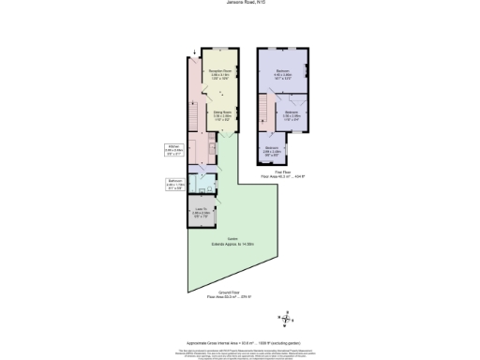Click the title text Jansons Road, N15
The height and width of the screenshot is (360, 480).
[x=239, y=5]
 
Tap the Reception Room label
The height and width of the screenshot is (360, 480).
[x=220, y=75]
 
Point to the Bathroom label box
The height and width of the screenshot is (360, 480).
[x=174, y=184]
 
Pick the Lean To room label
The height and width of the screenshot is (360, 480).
[x=201, y=212]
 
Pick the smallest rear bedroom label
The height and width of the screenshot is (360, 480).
[x=272, y=149]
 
